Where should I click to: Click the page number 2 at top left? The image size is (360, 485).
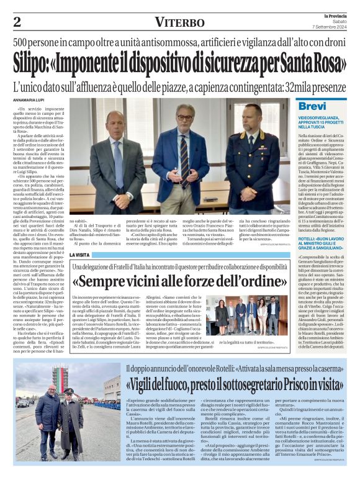pos(17,22)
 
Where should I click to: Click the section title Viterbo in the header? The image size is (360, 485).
pos(180,22)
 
